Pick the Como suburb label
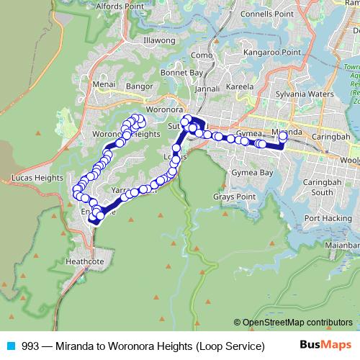[x=202, y=55]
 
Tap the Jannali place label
[x=207, y=89]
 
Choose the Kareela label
[x=240, y=86]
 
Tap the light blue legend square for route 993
[x=10, y=346]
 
